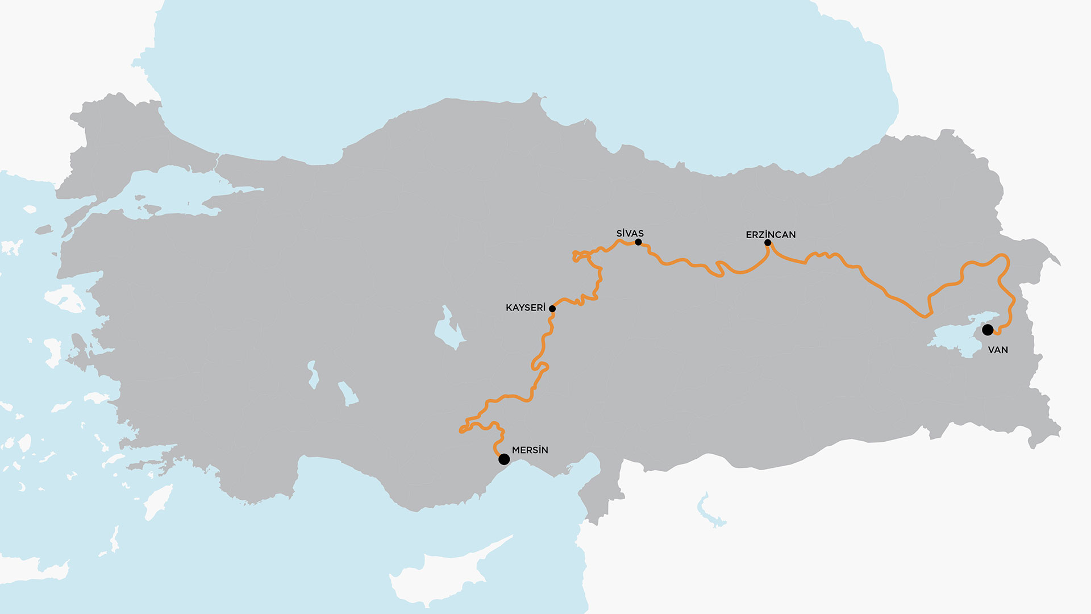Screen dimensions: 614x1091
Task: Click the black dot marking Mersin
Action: (504, 459)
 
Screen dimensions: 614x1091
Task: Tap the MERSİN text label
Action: (530, 450)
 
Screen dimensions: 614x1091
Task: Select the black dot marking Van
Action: (988, 330)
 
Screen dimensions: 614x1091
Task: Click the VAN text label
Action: (998, 350)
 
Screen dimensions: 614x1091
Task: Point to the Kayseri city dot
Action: (552, 309)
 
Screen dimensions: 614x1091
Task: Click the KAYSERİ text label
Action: (525, 308)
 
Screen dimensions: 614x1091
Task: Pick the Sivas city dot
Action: (638, 242)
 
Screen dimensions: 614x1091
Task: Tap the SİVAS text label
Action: (630, 234)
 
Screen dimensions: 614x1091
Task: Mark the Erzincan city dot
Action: (768, 243)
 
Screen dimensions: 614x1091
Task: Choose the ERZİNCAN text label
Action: (771, 235)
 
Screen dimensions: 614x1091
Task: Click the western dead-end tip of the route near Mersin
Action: (461, 432)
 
